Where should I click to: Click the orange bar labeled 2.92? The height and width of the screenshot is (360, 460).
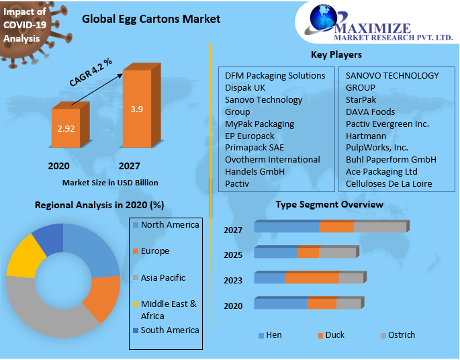tap(66, 128)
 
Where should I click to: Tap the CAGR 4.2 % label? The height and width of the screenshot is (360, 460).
tap(91, 72)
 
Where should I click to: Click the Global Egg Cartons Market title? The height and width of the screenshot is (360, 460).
tap(151, 19)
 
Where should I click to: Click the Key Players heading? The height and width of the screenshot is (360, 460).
tap(336, 54)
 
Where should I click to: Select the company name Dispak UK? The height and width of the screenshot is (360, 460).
tap(245, 88)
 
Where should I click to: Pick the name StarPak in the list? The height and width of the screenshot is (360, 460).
tap(361, 100)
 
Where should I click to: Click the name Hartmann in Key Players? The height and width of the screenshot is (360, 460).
tap(366, 136)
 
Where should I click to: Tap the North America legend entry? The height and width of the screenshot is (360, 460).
tap(169, 225)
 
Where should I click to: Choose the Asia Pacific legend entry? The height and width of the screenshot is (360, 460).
tap(163, 277)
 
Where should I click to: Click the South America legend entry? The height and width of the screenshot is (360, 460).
tap(169, 330)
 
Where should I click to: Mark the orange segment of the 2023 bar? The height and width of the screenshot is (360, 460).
tap(312, 278)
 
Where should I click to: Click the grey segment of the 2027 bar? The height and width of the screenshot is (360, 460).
tap(379, 227)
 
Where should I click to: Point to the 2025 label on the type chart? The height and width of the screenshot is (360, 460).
tap(233, 255)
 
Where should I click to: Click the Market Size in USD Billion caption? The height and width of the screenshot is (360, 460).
tap(110, 182)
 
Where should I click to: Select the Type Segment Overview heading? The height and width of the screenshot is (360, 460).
tap(330, 204)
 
